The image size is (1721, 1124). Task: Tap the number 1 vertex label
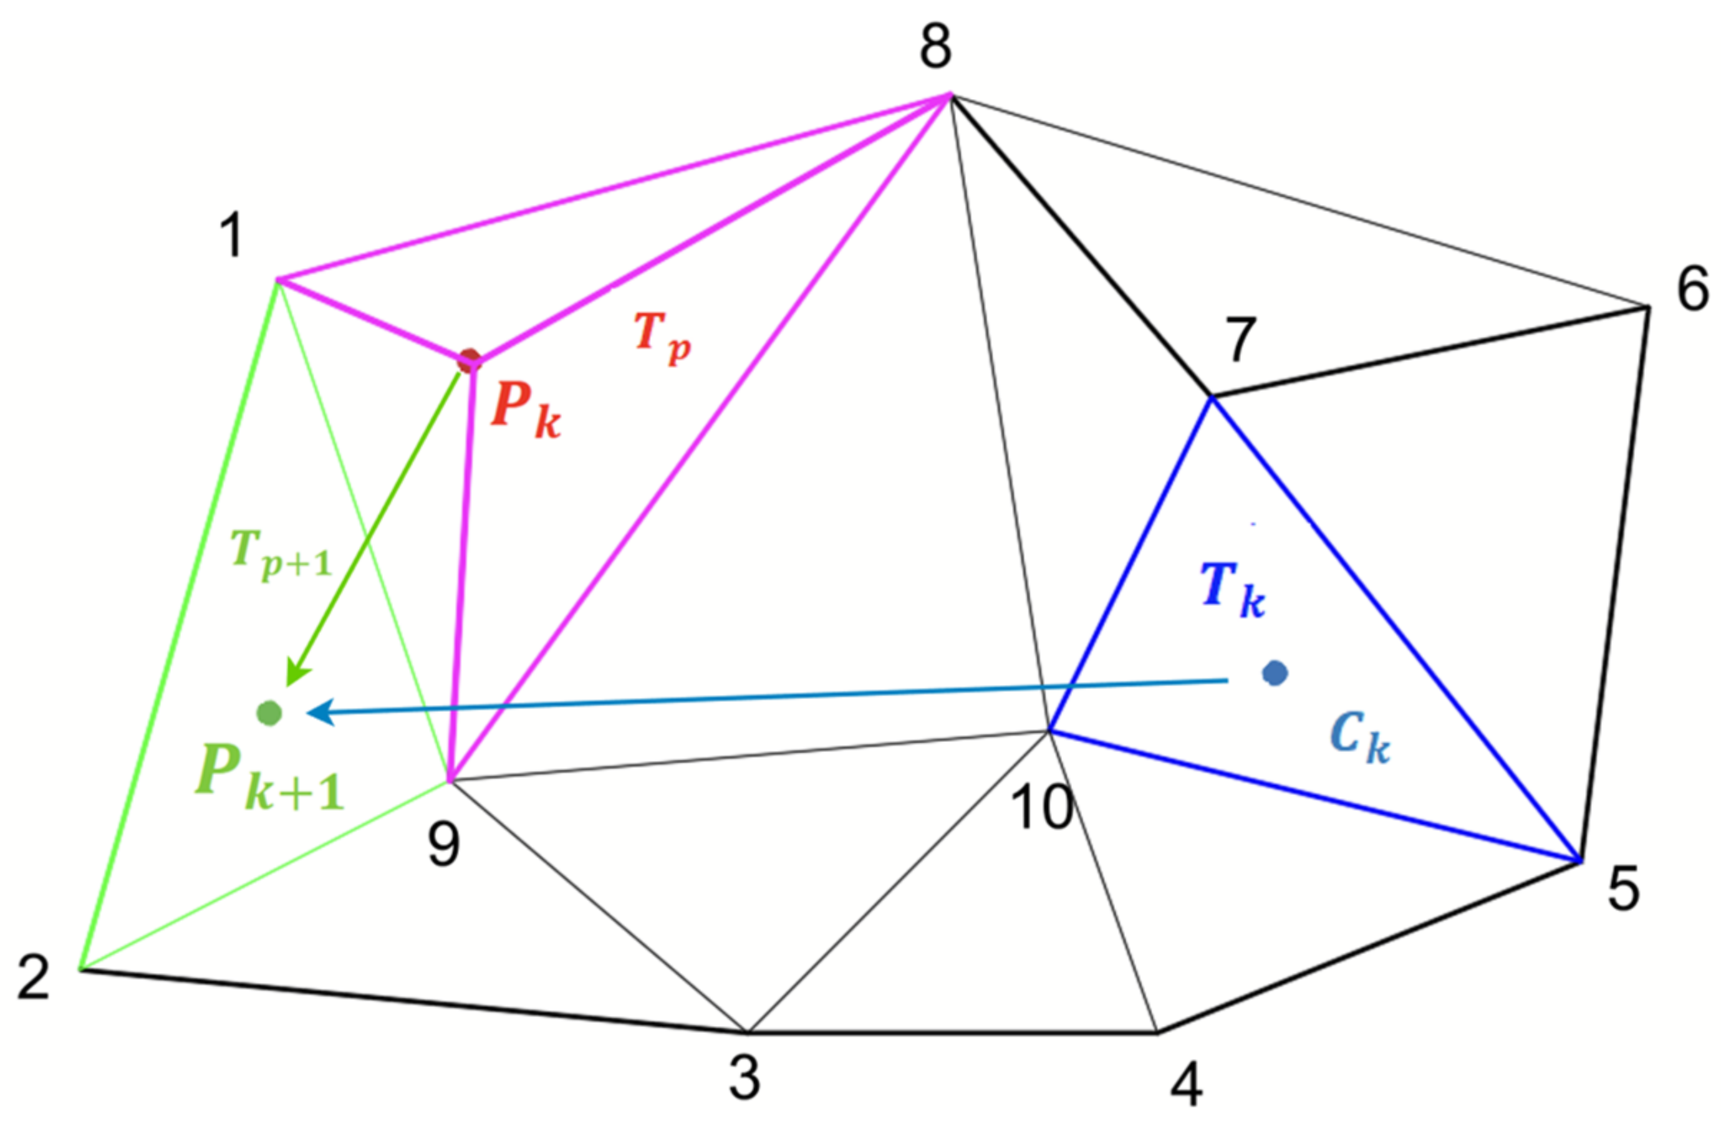coord(231,236)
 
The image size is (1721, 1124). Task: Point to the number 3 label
coord(745,1077)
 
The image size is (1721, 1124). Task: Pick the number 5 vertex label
coord(1624,890)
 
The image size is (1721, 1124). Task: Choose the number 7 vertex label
coord(1241,340)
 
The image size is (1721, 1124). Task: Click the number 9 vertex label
coord(443,845)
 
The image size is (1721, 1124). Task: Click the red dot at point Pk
coord(470,360)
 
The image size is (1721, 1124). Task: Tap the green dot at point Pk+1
coord(269,714)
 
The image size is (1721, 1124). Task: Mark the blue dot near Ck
coord(1274,673)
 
